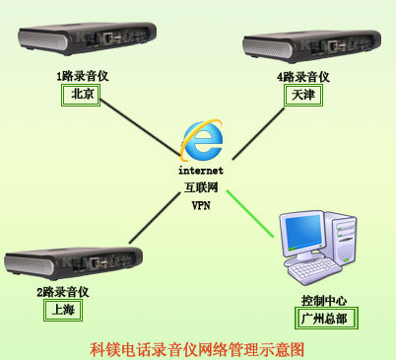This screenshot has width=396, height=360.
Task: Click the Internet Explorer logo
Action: [x=202, y=140]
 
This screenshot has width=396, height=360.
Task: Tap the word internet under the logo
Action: [x=201, y=171]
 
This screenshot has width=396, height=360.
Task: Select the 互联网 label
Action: [x=201, y=187]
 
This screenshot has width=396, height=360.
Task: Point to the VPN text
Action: [x=201, y=205]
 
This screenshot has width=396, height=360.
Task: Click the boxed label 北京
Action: [x=81, y=95]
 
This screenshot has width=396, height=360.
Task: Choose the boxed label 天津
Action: [x=303, y=96]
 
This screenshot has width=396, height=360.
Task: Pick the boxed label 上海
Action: [x=63, y=310]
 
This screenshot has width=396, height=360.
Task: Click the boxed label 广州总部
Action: [x=326, y=319]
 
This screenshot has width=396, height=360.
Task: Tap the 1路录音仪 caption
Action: [x=83, y=76]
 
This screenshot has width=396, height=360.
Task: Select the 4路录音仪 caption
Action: [x=303, y=77]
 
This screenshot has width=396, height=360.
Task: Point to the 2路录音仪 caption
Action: [x=63, y=292]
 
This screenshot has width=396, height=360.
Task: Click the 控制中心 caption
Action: [x=324, y=300]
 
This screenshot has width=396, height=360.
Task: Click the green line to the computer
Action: [x=250, y=213]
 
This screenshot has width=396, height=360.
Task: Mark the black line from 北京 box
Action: [x=140, y=127]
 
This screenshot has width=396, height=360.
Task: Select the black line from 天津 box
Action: [x=258, y=134]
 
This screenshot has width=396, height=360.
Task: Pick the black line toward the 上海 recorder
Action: [x=155, y=218]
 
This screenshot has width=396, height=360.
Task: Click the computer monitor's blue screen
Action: [x=303, y=233]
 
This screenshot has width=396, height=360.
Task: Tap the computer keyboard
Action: [x=314, y=270]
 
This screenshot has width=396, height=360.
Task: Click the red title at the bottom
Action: [x=197, y=349]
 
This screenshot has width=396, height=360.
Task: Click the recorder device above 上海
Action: [x=73, y=262]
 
